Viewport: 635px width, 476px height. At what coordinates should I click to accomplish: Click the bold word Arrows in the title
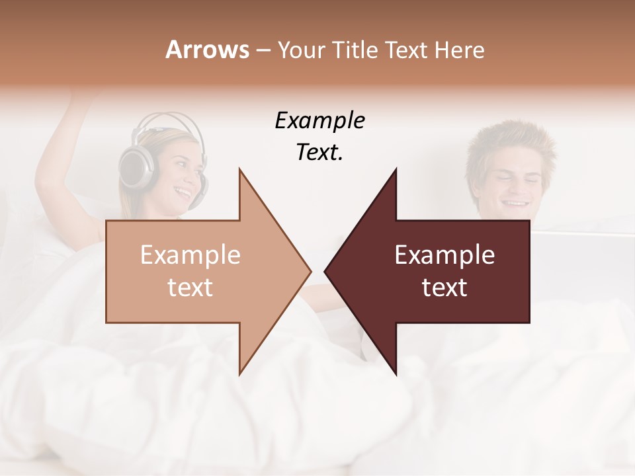coord(208,50)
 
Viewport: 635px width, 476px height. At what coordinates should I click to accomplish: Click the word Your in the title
coord(300,50)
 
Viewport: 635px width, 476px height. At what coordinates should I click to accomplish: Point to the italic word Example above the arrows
coord(319,120)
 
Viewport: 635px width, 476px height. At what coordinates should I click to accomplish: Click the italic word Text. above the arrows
coord(319,153)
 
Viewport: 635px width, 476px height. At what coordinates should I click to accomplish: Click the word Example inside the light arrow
coord(190,255)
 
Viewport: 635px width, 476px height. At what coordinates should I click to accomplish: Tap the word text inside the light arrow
coord(190,288)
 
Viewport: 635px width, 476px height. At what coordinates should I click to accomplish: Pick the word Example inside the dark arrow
coord(444,255)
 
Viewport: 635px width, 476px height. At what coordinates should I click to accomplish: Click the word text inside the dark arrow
coord(444,288)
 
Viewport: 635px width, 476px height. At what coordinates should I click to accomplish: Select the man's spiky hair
coord(509,142)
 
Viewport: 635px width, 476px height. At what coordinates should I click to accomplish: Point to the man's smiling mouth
coord(516,203)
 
